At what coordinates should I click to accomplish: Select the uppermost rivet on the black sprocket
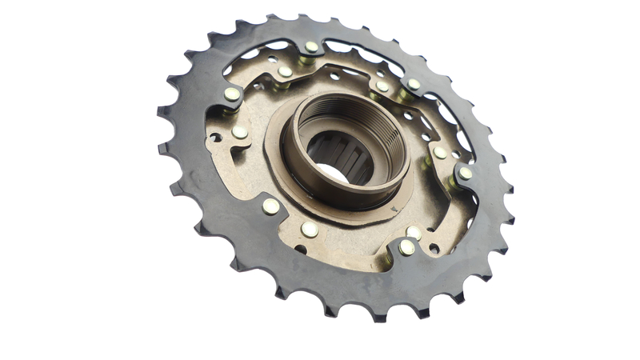pos(311,46)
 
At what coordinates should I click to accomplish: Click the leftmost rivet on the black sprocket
pos(232,94)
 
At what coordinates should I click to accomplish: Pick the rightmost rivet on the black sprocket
pos(466,173)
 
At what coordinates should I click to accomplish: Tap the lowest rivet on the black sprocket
pos(407,247)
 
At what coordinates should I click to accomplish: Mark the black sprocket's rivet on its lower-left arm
pos(271,206)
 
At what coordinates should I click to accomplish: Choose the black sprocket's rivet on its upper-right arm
pos(414,84)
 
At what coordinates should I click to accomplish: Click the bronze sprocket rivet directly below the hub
pos(310,230)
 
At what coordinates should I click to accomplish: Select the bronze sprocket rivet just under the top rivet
pos(285,72)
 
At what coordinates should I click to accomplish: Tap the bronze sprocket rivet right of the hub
pos(440,152)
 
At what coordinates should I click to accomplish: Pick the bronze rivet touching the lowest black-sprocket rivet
pos(414,233)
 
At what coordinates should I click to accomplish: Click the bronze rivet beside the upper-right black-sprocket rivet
pos(383,86)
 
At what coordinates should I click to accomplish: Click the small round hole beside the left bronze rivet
pos(216,138)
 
